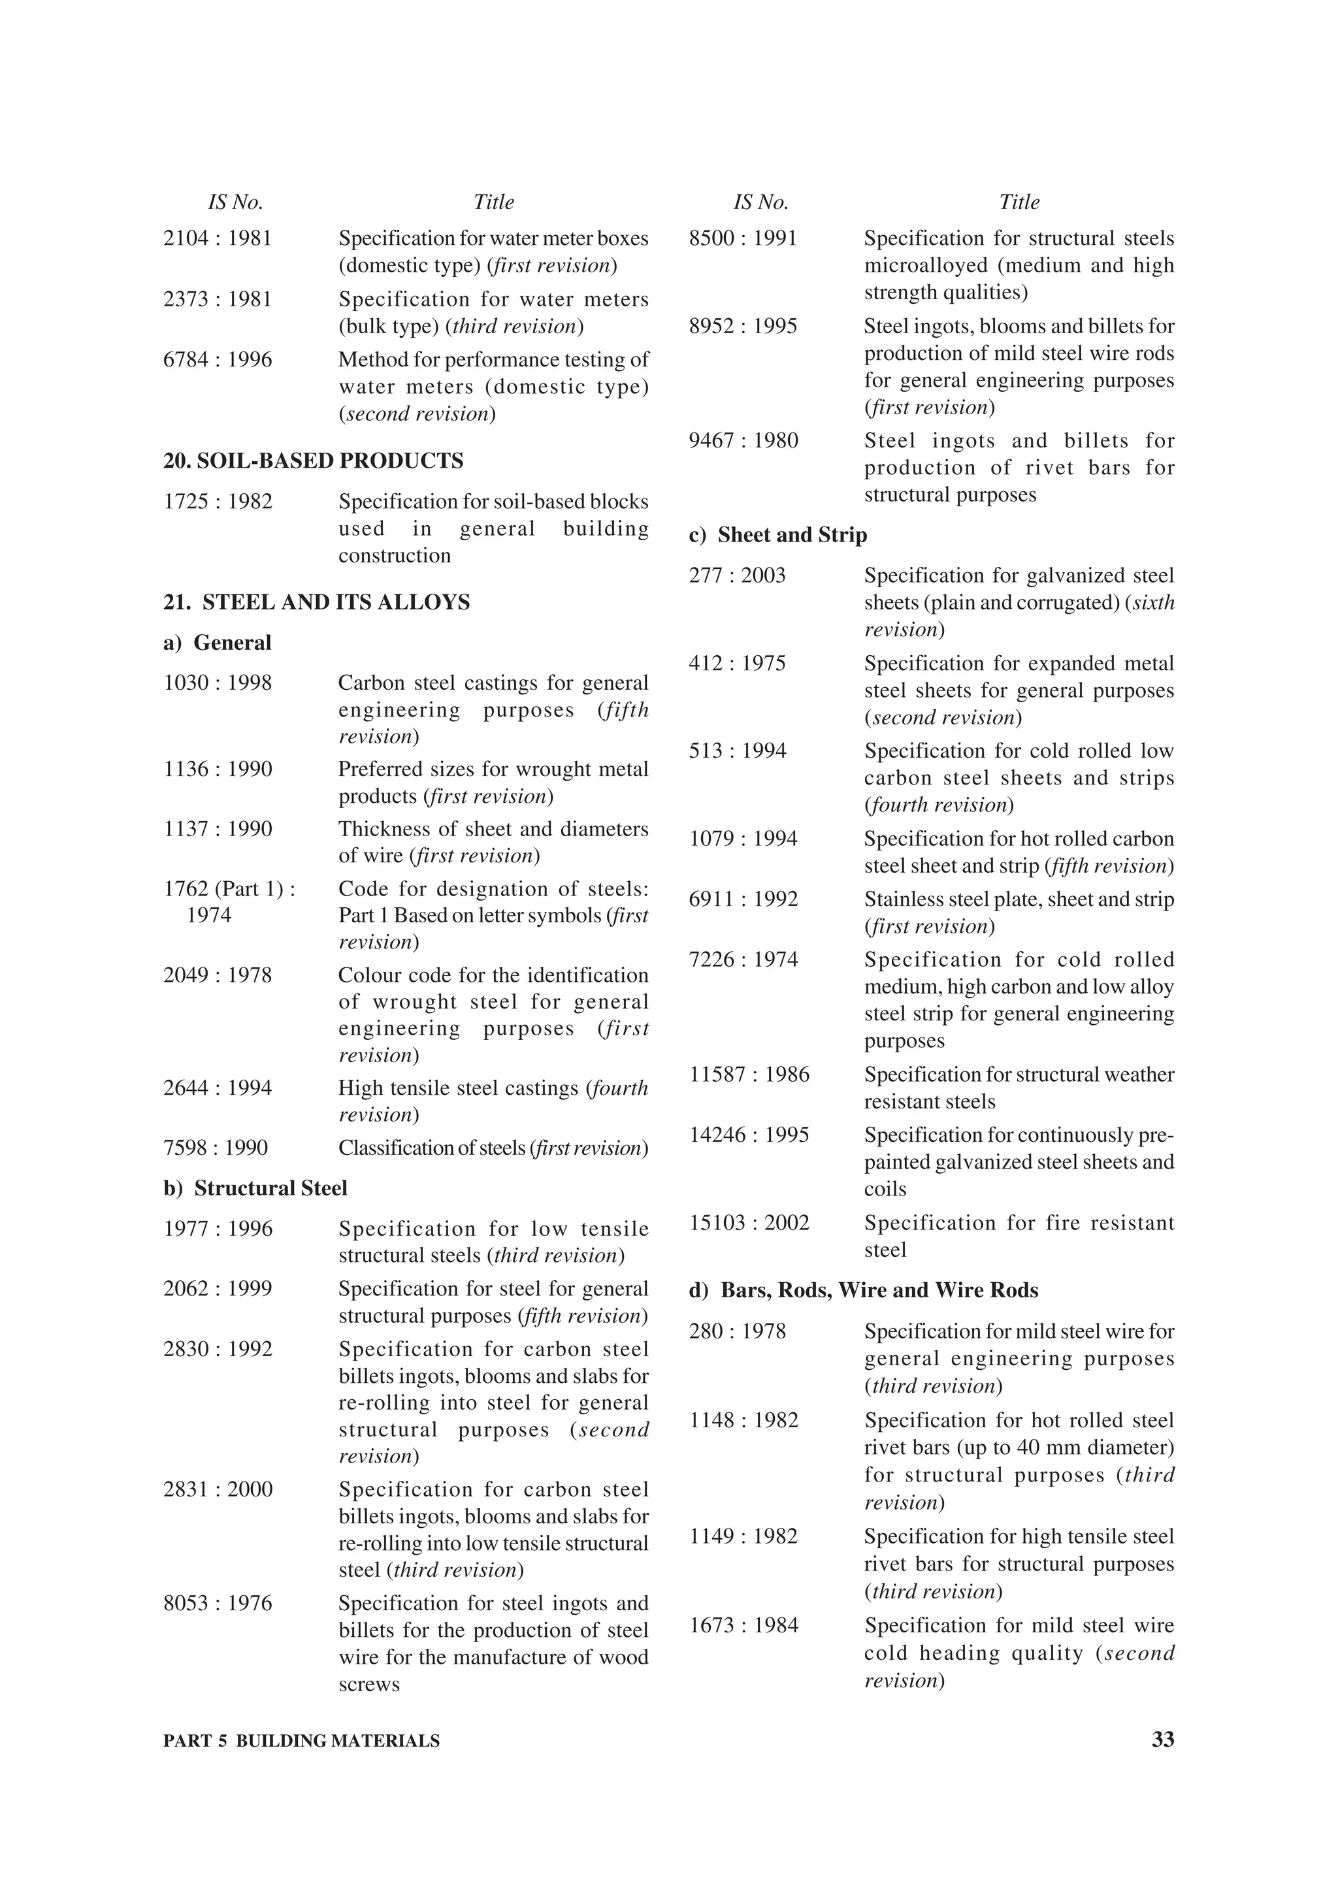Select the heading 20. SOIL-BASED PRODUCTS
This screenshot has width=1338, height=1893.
pos(314,461)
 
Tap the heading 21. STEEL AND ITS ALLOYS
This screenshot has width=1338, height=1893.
pos(317,603)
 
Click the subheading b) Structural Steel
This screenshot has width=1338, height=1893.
pos(255,1188)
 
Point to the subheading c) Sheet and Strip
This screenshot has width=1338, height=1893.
pos(777,535)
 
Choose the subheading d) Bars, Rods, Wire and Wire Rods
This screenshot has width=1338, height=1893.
pos(863,1290)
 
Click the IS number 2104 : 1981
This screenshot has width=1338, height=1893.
pos(218,239)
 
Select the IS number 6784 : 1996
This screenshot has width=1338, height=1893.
pos(218,361)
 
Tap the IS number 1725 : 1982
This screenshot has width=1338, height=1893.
pos(218,502)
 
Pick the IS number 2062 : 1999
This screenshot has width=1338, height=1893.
pos(218,1289)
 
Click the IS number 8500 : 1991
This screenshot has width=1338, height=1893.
pos(743,239)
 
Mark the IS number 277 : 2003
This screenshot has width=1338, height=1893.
pos(737,575)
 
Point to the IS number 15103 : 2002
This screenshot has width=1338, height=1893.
pos(749,1223)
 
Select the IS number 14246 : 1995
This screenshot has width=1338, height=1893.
pos(749,1135)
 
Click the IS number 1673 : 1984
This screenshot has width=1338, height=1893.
pos(743,1625)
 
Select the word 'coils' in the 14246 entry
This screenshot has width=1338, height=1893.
pos(885,1189)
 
